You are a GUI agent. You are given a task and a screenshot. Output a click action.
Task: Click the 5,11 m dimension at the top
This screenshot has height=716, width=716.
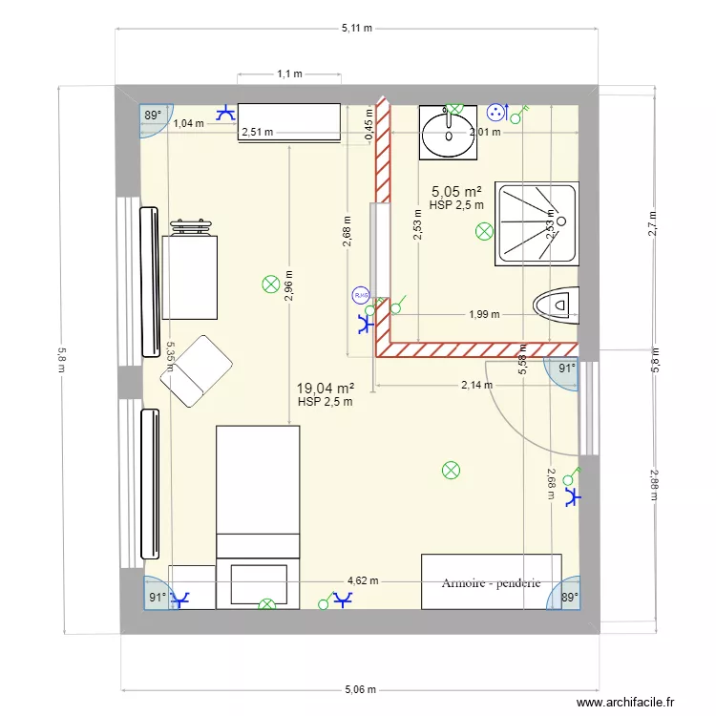(357, 29)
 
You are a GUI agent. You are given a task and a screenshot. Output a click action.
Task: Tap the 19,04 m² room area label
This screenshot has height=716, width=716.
(325, 389)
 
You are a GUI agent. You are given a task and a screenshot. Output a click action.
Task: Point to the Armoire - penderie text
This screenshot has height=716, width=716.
(492, 582)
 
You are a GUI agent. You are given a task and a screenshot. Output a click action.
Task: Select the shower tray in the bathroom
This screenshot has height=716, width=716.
(537, 223)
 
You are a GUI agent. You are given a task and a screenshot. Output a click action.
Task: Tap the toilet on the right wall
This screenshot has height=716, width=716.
(558, 305)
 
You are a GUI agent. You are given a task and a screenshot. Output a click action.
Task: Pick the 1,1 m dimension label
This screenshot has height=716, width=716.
(289, 74)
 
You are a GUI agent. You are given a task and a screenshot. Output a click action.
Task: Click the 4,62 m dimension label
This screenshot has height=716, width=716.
(363, 580)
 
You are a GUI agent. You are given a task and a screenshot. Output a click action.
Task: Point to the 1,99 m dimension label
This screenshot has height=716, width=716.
(483, 314)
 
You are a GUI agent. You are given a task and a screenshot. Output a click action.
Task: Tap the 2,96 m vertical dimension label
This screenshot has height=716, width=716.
(289, 284)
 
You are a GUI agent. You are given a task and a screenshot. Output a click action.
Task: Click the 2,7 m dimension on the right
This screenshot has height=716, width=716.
(653, 222)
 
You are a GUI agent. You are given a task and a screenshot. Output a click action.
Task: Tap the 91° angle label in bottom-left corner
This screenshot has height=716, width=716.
(156, 597)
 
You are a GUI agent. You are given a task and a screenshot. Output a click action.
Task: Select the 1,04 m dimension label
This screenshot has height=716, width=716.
(189, 123)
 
